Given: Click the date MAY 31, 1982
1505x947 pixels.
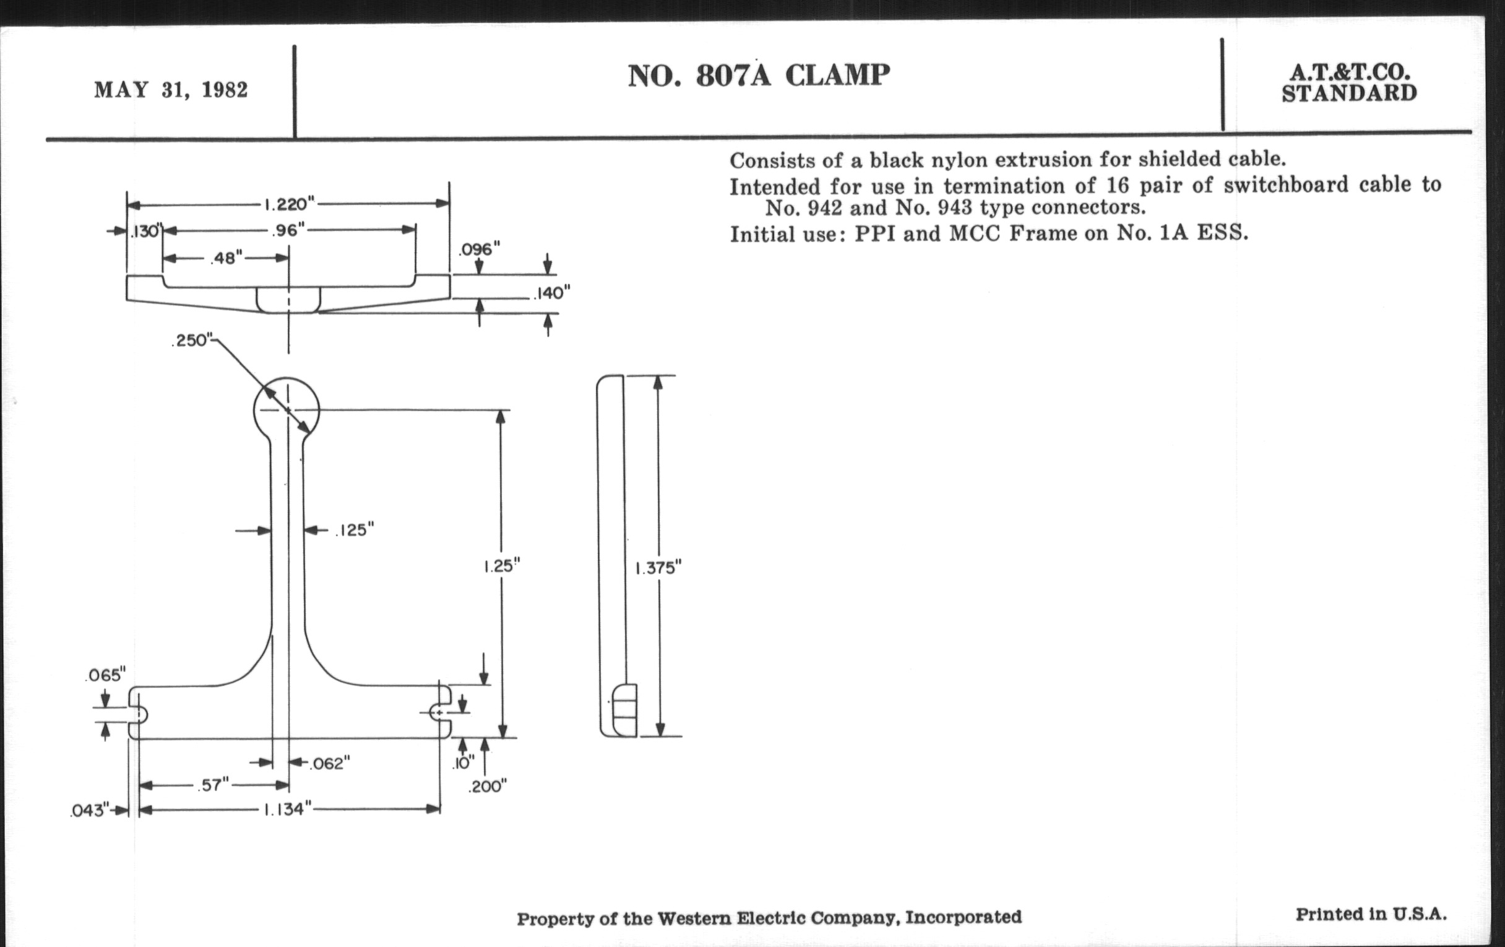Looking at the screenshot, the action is [171, 90].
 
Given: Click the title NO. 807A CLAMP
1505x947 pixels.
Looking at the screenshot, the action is [759, 76].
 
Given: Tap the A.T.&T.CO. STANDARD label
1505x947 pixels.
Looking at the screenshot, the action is [1350, 82].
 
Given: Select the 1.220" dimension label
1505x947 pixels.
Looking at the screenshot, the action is [289, 204].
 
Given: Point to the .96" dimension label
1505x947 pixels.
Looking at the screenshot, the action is [289, 231].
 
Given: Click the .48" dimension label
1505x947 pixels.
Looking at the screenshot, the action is [226, 257].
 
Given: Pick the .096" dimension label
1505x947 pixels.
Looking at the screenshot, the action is [480, 250].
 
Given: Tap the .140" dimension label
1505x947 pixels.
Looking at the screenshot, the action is [551, 293].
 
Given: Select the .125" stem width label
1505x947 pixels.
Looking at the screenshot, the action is [355, 530].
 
